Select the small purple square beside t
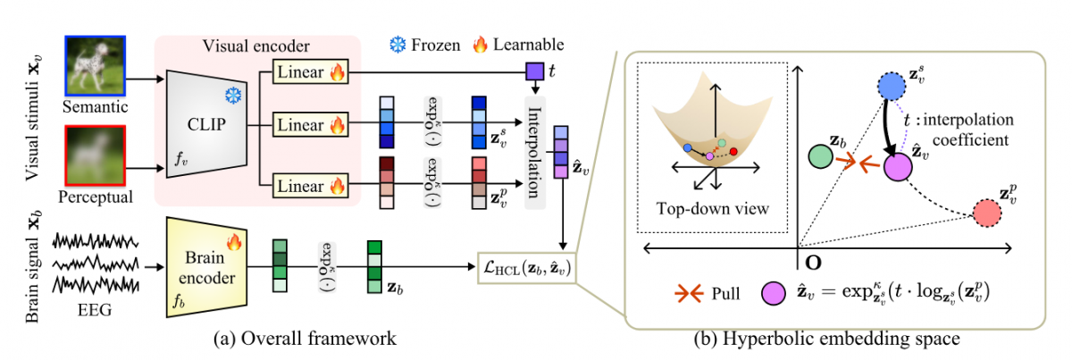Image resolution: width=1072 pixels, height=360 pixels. coord(534,71)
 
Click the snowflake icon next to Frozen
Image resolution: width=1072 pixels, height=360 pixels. coord(398,44)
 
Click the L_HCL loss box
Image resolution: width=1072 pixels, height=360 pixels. coord(527,265)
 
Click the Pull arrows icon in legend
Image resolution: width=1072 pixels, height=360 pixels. coord(683,293)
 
